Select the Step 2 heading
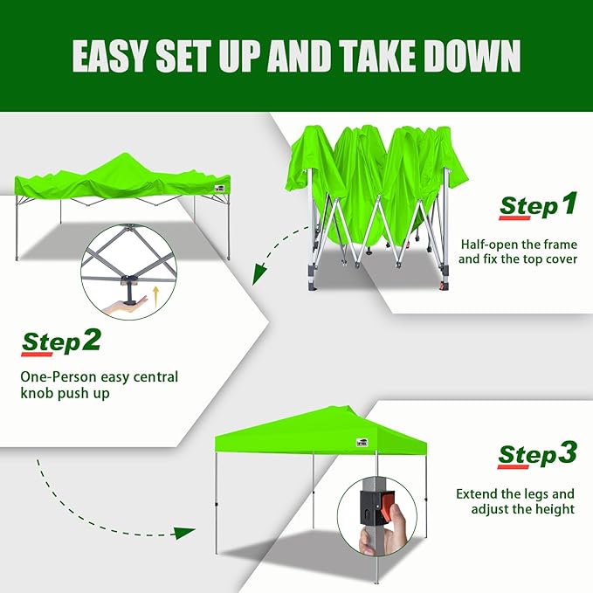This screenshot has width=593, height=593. coord(61,341)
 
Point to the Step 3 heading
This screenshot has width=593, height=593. coord(537,454)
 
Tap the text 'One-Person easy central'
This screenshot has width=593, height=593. coord(100,377)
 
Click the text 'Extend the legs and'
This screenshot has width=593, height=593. coord(515,493)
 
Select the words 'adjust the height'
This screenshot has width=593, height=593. coord(523,509)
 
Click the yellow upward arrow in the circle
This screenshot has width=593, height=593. coord(155,294)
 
